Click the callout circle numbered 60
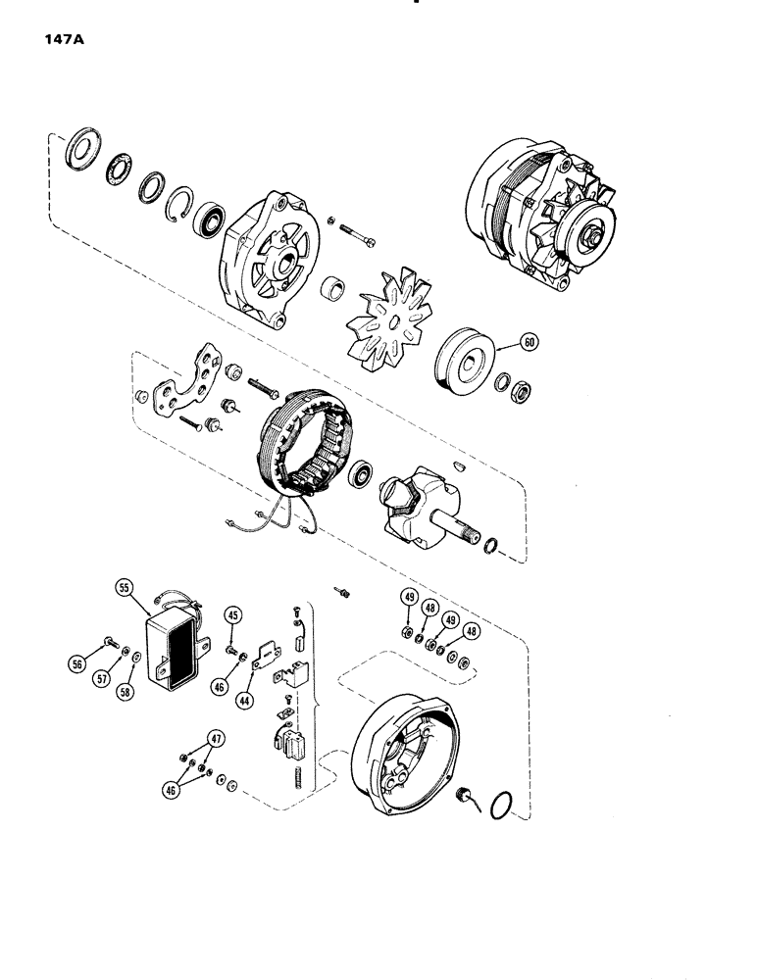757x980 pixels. pyautogui.click(x=529, y=343)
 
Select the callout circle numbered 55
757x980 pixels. pyautogui.click(x=124, y=589)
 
